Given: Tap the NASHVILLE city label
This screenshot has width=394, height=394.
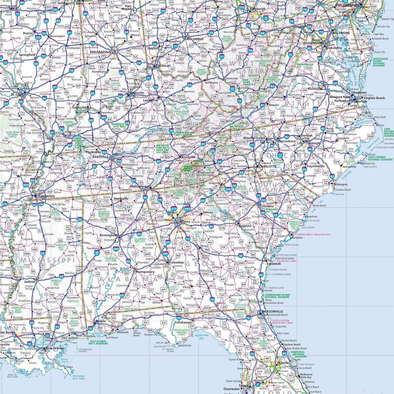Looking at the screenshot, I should (x=100, y=157).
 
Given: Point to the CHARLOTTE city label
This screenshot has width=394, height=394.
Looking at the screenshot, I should (x=268, y=167).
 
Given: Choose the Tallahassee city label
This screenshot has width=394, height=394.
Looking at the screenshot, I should (x=183, y=322).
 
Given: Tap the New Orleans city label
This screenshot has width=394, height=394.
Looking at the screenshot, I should (x=55, y=348).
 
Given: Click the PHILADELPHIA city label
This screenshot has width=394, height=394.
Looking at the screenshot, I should (x=347, y=5).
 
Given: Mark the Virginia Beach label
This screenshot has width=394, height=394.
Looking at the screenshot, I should (x=374, y=98).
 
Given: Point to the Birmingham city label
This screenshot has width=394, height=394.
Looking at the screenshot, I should (x=109, y=235).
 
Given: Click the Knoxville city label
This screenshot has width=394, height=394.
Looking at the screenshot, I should (x=189, y=157).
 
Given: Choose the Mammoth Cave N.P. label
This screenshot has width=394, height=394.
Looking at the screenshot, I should (x=118, y=125).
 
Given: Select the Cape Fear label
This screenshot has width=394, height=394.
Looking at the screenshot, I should (x=339, y=194).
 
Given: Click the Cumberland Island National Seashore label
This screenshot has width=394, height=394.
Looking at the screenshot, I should (x=277, y=296).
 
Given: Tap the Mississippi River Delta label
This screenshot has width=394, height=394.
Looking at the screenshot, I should (x=79, y=377).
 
